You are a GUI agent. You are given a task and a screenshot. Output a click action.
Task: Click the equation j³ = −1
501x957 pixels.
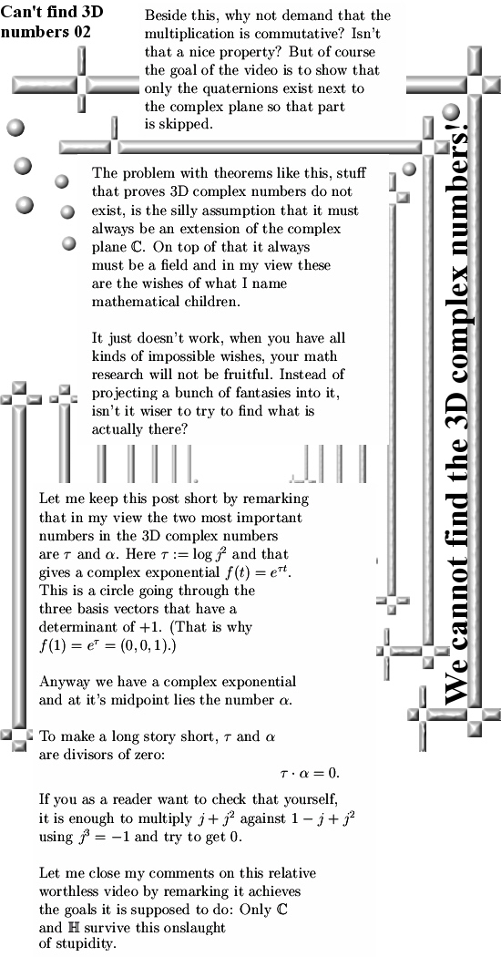105,837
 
